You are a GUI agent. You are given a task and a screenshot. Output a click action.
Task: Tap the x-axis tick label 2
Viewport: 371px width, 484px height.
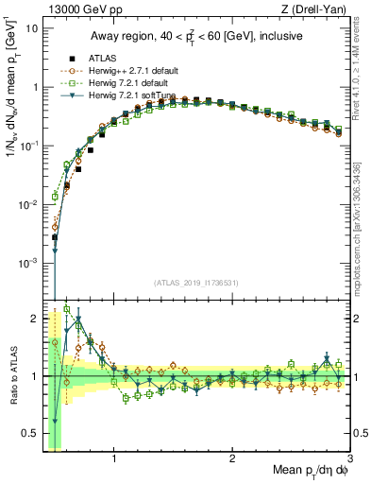tap(232, 460)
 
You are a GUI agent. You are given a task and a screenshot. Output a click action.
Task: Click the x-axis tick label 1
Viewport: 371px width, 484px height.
tap(114, 460)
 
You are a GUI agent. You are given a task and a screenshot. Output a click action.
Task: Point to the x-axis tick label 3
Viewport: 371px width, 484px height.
tap(349, 460)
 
